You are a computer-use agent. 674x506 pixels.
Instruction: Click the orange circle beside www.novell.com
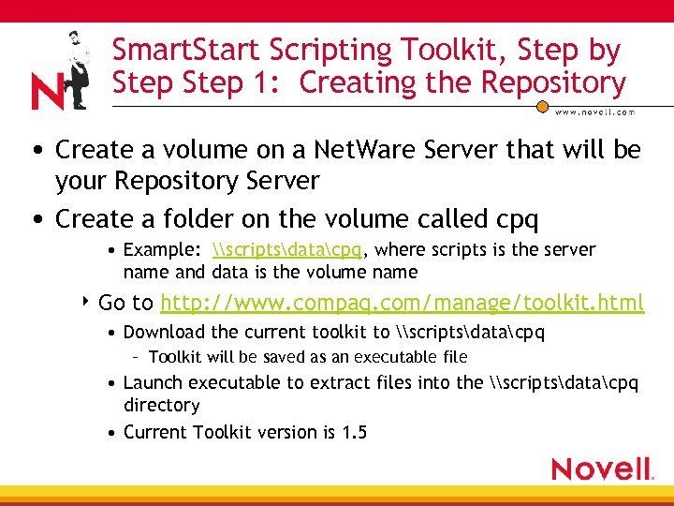[x=541, y=107]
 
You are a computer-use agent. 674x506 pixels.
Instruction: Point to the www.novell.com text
[x=595, y=112]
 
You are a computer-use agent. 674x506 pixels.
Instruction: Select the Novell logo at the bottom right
[x=601, y=469]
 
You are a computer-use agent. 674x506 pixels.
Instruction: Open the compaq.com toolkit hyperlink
[x=402, y=303]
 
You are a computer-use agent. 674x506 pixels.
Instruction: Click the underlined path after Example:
[x=287, y=250]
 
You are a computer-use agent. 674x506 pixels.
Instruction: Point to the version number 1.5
[x=355, y=432]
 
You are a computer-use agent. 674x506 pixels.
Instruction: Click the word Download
[x=166, y=332]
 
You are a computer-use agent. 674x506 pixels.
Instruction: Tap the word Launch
[x=154, y=382]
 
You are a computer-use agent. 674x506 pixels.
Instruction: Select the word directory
[x=161, y=406]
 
